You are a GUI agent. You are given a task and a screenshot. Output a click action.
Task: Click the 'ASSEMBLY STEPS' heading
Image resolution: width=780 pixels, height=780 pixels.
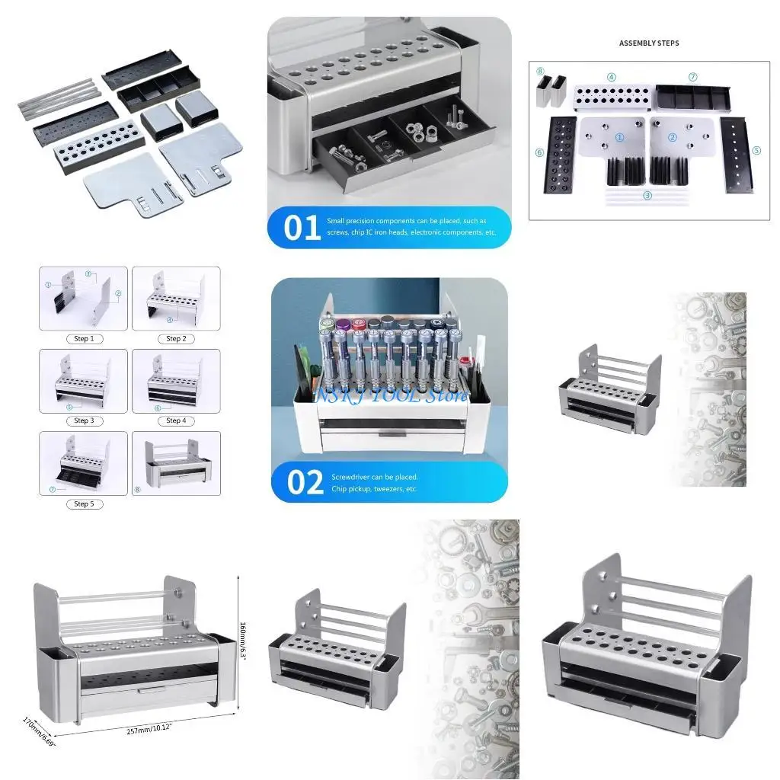(649, 43)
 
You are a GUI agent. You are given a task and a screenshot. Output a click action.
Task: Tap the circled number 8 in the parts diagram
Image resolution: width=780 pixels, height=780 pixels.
(540, 72)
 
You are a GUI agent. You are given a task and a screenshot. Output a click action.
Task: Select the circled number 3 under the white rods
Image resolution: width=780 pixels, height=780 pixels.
(647, 195)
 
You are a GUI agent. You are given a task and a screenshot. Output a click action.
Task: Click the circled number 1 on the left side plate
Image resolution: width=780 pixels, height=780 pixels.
(619, 138)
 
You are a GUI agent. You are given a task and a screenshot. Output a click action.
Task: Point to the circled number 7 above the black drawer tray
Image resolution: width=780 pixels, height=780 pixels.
(692, 77)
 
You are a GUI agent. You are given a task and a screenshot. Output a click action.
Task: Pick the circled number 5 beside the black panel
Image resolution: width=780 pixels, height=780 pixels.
(756, 150)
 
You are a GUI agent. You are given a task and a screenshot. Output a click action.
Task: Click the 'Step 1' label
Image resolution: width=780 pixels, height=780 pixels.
(82, 338)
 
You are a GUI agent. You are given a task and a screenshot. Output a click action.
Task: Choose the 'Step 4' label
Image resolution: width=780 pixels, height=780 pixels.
(174, 420)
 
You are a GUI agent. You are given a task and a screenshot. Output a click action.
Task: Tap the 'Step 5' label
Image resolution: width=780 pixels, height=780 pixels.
(82, 503)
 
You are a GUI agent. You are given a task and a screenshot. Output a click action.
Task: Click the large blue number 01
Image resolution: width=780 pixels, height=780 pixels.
(302, 227)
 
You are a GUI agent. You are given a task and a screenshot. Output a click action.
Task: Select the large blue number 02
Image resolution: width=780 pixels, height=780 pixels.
(305, 482)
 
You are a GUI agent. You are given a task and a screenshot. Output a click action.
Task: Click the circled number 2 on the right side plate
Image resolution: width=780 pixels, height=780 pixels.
(673, 138)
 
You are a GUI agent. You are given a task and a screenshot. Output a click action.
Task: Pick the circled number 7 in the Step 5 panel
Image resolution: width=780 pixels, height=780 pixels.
(52, 490)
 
